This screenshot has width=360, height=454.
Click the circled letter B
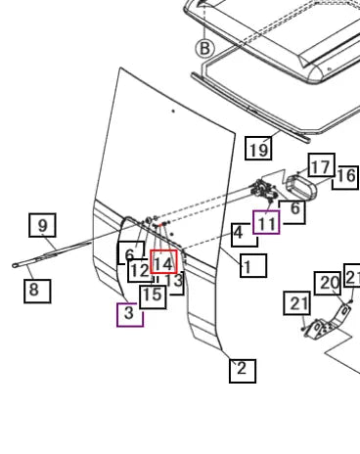click(204, 49)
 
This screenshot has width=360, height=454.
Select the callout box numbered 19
click(258, 149)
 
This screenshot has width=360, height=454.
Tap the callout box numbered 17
click(322, 165)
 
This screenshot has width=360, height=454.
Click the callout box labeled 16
click(346, 177)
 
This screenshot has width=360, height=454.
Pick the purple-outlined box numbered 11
click(266, 222)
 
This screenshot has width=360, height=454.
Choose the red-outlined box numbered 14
click(164, 262)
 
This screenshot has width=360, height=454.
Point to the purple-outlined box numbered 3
click(130, 314)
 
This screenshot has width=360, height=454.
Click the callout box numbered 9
click(42, 225)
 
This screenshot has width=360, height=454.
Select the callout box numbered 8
click(37, 291)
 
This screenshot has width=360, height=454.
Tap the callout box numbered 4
click(245, 235)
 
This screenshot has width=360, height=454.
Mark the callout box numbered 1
click(253, 266)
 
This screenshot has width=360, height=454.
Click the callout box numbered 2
click(243, 371)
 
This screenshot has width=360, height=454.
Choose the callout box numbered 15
click(153, 296)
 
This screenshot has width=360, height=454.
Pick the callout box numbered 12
click(141, 271)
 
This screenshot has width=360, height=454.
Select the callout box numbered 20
click(328, 284)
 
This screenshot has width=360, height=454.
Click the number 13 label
click(174, 281)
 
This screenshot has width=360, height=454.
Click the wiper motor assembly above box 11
click(264, 190)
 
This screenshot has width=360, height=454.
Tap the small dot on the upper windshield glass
click(173, 112)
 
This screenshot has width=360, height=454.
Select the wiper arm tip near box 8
click(15, 266)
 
